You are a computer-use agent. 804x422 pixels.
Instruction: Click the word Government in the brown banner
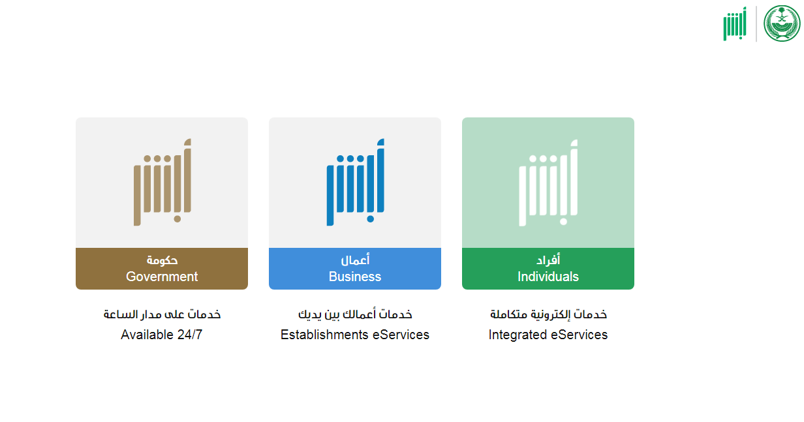click(x=162, y=277)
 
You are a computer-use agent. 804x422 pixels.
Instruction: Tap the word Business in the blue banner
click(x=355, y=277)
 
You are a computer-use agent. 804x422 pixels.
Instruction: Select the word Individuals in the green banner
click(x=548, y=277)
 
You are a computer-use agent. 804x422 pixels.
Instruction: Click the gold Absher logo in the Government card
click(x=162, y=182)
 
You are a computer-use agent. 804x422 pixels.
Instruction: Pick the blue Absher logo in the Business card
click(x=355, y=182)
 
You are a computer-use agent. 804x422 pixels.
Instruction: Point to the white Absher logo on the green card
click(x=548, y=183)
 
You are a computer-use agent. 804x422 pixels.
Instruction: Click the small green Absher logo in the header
click(x=735, y=23)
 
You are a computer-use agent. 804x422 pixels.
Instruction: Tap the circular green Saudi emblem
click(x=782, y=23)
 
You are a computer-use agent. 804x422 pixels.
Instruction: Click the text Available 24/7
click(x=162, y=335)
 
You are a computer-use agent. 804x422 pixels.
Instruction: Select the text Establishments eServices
click(x=355, y=335)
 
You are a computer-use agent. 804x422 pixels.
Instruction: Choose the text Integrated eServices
click(x=548, y=335)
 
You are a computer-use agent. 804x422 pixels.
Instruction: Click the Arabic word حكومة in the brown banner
click(x=162, y=260)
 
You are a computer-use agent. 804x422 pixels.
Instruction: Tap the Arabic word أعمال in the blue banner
click(x=355, y=260)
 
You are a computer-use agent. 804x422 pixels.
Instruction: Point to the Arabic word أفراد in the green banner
click(x=548, y=260)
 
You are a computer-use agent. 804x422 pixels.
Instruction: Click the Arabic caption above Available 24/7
click(x=162, y=314)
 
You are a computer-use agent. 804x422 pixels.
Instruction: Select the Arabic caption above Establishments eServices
click(x=355, y=314)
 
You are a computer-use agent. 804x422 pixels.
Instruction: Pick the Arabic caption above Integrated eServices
click(x=548, y=314)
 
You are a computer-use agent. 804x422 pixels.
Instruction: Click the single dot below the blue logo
click(x=371, y=219)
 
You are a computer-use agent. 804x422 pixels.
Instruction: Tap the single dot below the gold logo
click(x=178, y=219)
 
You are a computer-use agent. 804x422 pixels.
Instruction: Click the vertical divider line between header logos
click(x=756, y=23)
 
